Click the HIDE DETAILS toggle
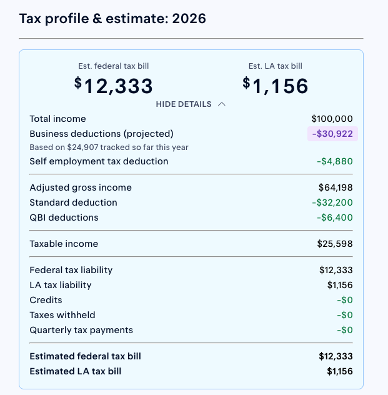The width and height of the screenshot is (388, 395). tap(191, 104)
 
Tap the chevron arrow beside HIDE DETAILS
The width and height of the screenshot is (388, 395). tap(222, 104)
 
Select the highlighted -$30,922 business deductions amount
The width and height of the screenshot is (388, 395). tap(332, 134)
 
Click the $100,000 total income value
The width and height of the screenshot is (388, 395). tap(332, 119)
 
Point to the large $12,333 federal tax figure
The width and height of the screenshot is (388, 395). tap(114, 86)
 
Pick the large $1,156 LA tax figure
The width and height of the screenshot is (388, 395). tap(275, 86)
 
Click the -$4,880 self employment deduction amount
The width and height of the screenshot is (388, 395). tap(335, 161)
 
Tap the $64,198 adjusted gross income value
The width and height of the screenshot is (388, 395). tap(336, 187)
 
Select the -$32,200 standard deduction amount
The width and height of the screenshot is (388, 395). tap(332, 202)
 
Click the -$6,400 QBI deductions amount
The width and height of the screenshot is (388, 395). tap(335, 217)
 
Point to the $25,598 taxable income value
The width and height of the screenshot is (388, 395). tap(335, 244)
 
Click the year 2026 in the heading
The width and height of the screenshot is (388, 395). tap(189, 19)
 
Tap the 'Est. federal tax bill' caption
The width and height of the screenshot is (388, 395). tap(114, 66)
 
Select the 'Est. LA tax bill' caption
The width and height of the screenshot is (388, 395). tap(275, 66)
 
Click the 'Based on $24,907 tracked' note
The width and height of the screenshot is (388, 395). tap(109, 147)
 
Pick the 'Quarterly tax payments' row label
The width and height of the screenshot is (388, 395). tap(81, 330)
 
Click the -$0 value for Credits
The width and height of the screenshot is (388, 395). tap(345, 300)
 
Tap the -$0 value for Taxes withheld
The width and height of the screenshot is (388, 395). tap(345, 315)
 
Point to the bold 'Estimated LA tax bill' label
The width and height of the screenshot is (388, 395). tap(76, 371)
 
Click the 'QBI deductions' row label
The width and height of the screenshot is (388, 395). tap(64, 217)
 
